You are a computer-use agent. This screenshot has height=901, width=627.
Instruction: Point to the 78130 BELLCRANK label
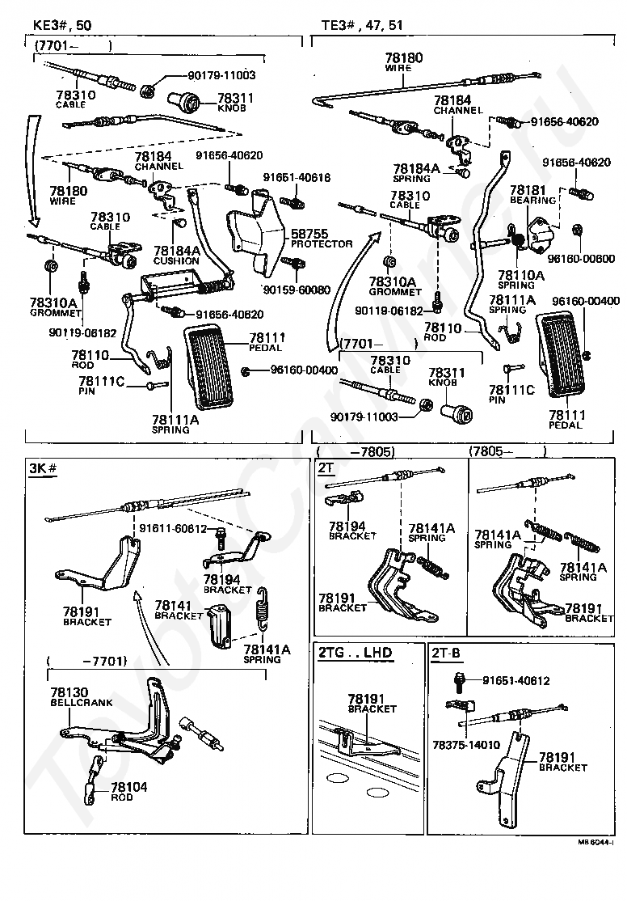click(82, 698)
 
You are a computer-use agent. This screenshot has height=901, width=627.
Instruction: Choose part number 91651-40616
click(296, 176)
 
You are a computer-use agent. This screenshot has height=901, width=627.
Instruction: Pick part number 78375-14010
click(466, 744)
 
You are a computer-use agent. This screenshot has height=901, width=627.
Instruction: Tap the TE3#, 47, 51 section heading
click(362, 25)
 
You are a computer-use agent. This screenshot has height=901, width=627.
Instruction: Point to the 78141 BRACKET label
click(178, 610)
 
